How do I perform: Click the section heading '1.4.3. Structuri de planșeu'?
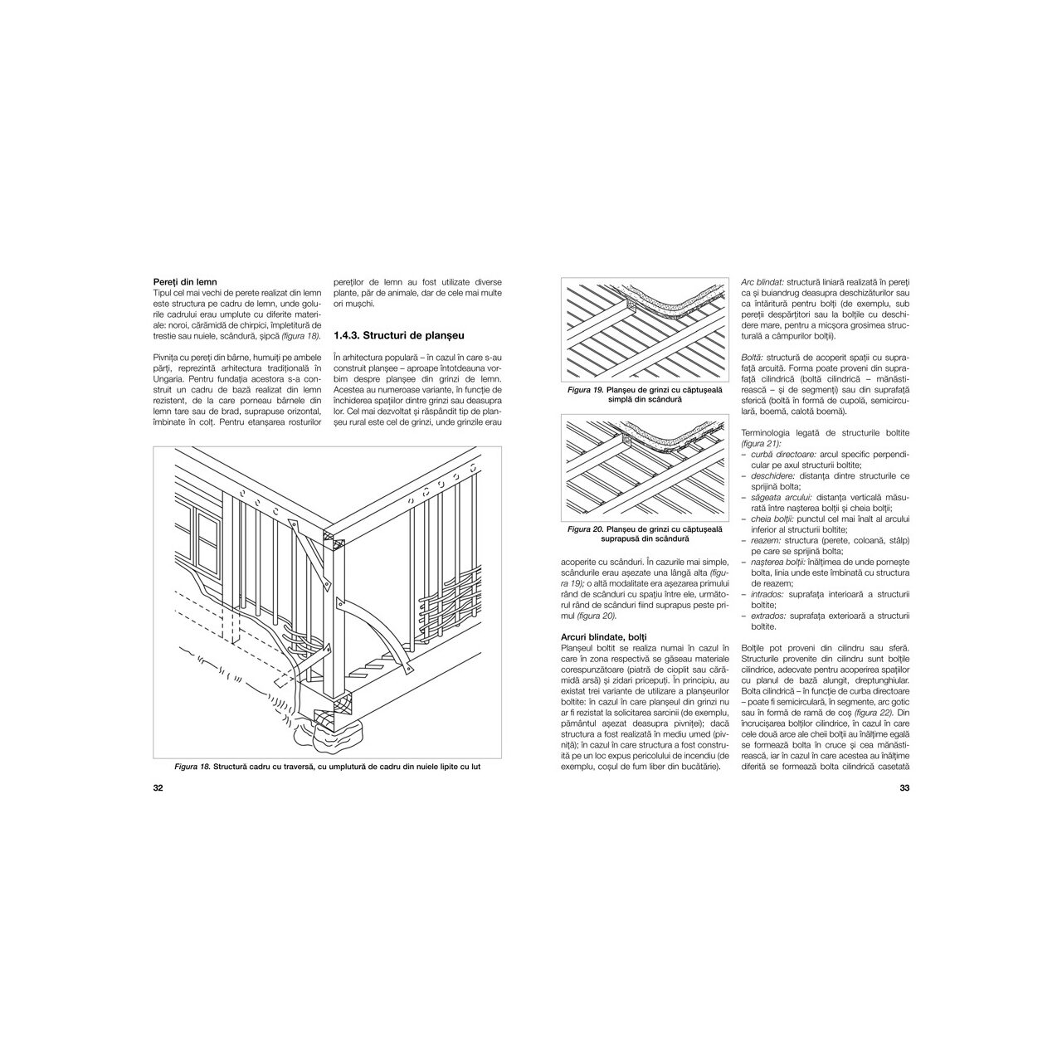pos(396,335)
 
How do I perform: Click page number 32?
pos(158,788)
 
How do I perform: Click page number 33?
pos(905,788)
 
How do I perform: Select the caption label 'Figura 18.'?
pos(192,766)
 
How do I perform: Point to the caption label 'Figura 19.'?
pos(584,391)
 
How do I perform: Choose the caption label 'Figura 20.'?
pos(585,529)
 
